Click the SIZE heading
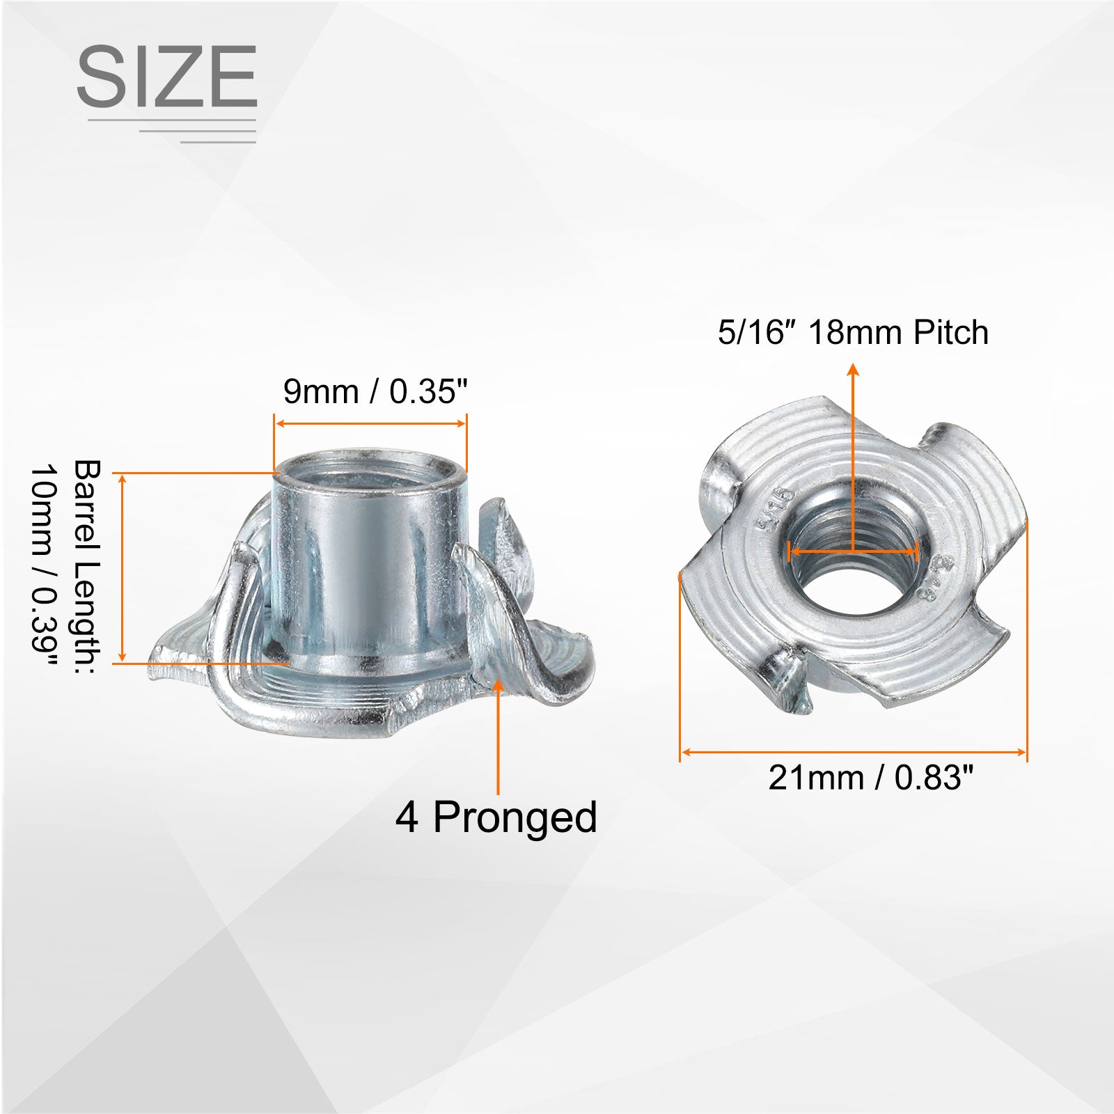coord(167,76)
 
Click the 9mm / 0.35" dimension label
coord(375,391)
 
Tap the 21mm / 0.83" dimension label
coord(870,777)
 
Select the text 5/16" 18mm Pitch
coord(854,332)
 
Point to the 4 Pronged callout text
coord(496,817)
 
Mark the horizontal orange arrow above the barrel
coord(370,423)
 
